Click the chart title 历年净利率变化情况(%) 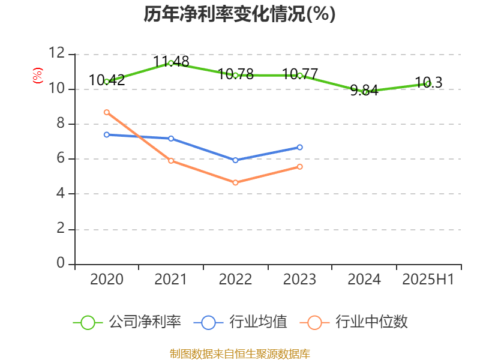coord(239,14)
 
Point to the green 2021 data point coord(171,63)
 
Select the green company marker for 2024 coord(365,92)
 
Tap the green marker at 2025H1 coord(428,84)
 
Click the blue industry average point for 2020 coord(106,134)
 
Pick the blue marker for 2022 coord(235,160)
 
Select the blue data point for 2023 coord(300,147)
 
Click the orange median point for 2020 coord(106,112)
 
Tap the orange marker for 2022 coord(235,182)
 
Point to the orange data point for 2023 coord(300,166)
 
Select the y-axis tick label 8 coord(60,124)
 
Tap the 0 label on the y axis coord(60,263)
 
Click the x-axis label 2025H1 coord(428,280)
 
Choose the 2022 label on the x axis coord(235,280)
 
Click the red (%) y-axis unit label coord(38,76)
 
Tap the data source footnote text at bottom coord(239,353)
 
